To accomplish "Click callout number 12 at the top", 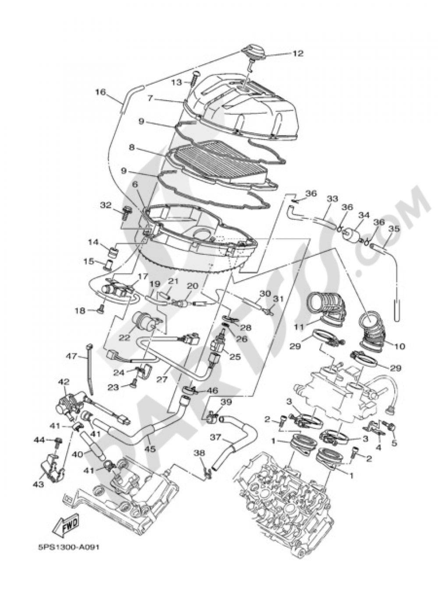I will (x=298, y=53).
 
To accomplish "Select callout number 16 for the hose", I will (x=100, y=92).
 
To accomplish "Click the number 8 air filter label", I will (x=131, y=148).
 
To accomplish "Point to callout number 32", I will (x=106, y=205).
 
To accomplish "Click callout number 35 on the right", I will (x=394, y=228).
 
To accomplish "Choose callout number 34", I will (x=364, y=215).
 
